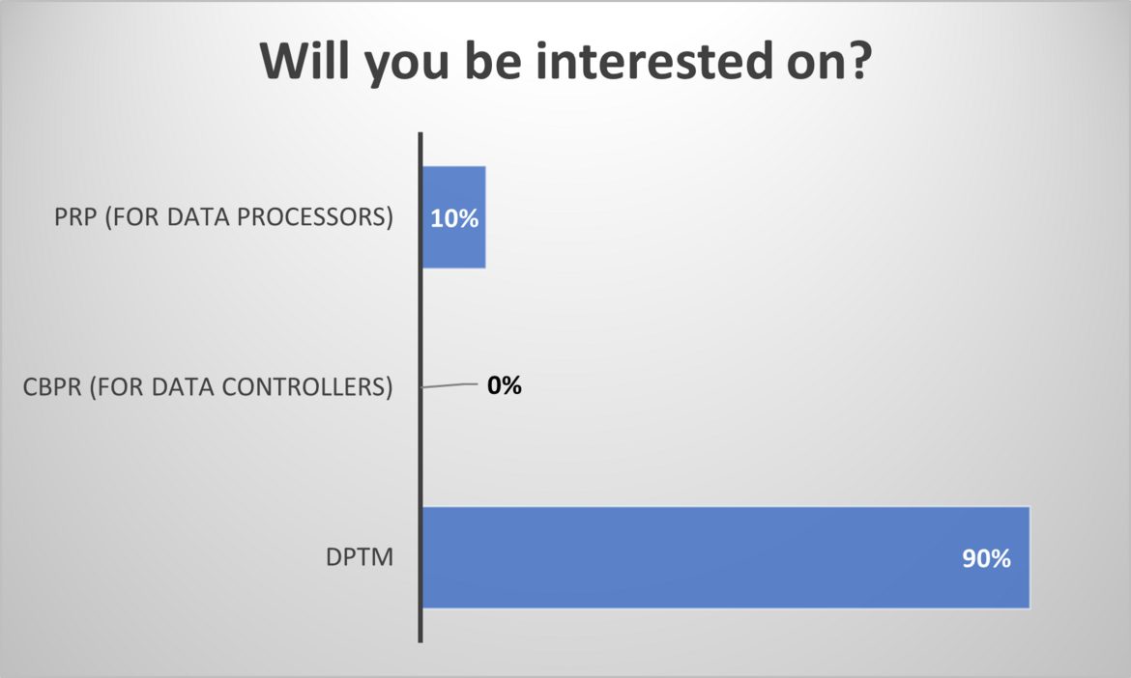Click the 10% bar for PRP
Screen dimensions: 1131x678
(453, 217)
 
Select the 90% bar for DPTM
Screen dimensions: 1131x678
(726, 557)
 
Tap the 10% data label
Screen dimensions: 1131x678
(454, 218)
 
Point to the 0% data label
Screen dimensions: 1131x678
(505, 385)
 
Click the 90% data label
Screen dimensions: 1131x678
(986, 558)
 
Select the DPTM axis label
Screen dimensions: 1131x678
(360, 557)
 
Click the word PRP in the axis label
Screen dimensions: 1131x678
(75, 217)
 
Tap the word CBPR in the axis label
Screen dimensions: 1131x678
(52, 387)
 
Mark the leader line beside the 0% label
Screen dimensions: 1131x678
(449, 385)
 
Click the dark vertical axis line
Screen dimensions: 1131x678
(420, 387)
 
